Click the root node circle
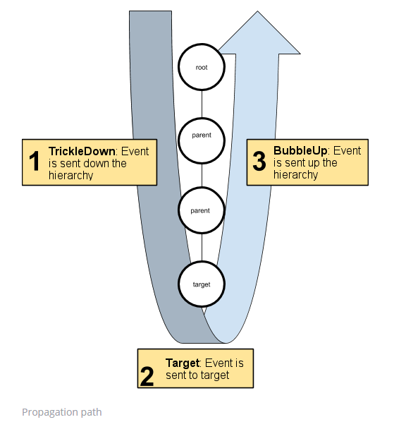pos(202,66)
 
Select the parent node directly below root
pos(202,134)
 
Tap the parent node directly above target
pos(202,210)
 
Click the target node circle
pos(202,284)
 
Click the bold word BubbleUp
pos(301,150)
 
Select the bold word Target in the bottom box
pos(183,363)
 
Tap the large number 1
pos(34,162)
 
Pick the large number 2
pos(147,375)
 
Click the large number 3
pos(259,162)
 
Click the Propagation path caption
pos(61,411)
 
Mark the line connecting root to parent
pos(202,100)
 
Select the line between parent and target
pos(202,247)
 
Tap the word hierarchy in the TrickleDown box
pos(71,175)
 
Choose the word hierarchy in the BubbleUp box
pos(295,174)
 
